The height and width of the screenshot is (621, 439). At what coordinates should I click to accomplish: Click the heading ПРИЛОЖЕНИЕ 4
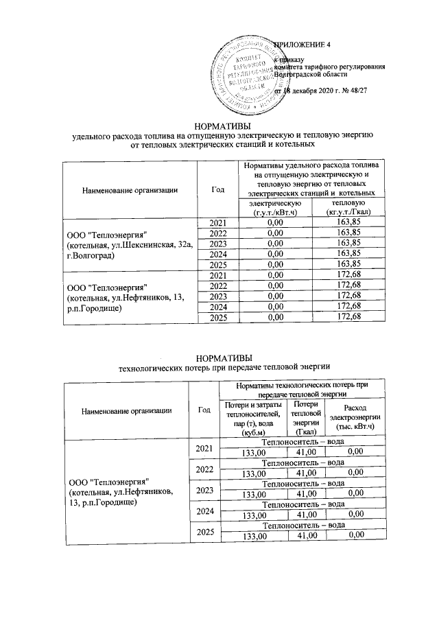(x=302, y=45)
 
